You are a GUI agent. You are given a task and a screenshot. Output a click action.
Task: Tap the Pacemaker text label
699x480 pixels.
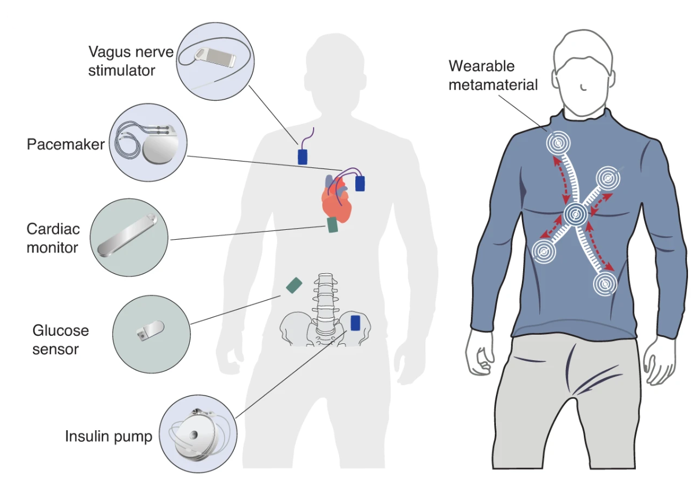[x=65, y=143]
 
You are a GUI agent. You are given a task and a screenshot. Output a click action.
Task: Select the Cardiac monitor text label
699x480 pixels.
[x=52, y=238]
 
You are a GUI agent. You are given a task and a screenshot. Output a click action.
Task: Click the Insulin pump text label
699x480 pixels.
[x=108, y=436]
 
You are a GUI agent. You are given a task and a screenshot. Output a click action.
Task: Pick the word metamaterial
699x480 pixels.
[x=493, y=85]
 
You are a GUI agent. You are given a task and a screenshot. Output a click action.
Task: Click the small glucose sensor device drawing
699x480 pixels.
[x=149, y=331]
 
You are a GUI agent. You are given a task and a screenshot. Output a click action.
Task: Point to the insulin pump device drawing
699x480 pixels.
[x=197, y=433]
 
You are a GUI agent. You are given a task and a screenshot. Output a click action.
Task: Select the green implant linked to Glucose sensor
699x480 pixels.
[x=294, y=285]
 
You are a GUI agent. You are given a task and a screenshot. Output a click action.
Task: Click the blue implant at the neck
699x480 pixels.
[x=302, y=156]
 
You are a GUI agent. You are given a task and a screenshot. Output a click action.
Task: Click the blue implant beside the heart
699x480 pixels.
[x=360, y=184]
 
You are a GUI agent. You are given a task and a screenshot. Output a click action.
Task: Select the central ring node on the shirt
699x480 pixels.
[x=576, y=215]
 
